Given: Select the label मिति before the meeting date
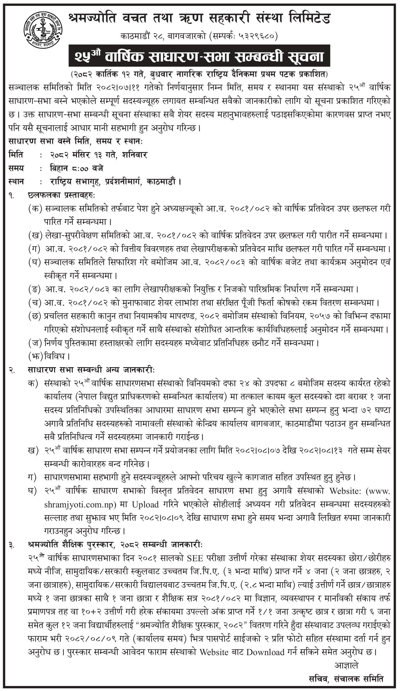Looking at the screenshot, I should (16, 155).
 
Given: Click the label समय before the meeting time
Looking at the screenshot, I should (16, 168).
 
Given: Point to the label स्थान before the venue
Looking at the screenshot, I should (16, 182).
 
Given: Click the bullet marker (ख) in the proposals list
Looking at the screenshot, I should (35, 235).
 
